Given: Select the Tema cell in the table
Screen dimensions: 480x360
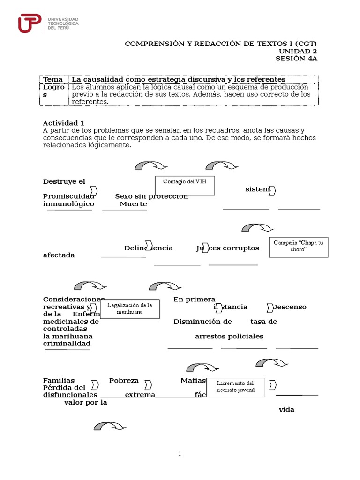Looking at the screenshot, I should [52, 79].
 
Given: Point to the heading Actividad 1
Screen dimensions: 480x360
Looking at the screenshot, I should [63, 123].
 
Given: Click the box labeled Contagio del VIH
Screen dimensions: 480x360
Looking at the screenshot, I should [185, 185].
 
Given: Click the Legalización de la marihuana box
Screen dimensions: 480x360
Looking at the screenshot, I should [130, 309].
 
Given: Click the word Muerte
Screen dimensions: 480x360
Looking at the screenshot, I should [133, 204].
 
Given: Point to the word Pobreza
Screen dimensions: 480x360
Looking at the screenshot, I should [124, 381].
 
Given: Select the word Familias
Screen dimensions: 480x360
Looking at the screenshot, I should [59, 381].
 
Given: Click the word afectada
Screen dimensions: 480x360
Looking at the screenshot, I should [59, 255].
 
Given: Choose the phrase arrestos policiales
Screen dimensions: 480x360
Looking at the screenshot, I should [229, 336].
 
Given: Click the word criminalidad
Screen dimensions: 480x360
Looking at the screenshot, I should [67, 344].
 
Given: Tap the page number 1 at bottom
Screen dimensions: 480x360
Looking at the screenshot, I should [180, 453].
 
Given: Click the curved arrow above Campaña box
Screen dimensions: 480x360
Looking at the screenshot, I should [257, 228].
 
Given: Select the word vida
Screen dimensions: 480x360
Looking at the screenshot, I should [286, 409].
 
